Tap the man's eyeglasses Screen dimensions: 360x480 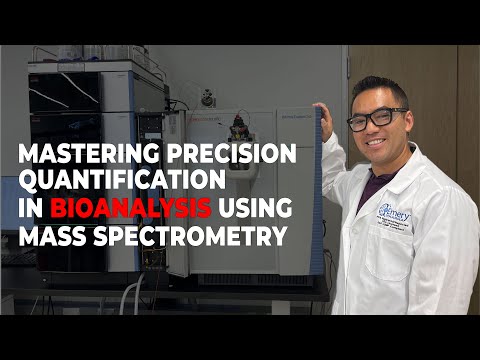377,117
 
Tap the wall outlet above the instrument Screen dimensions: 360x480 207,97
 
